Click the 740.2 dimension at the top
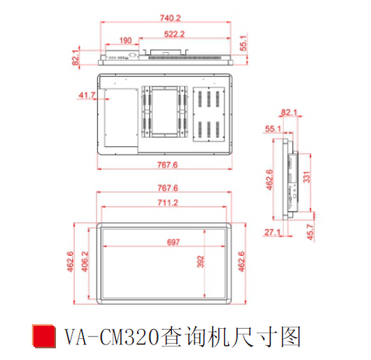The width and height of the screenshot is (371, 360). coord(170,18)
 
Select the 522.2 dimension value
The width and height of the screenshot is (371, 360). coord(174,34)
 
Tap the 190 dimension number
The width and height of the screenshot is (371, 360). coord(125,40)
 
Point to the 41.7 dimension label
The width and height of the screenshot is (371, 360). coord(87,96)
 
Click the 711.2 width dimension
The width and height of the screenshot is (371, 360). coord(168,202)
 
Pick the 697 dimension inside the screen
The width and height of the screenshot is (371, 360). coord(173,242)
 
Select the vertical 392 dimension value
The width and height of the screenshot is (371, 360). coord(201,261)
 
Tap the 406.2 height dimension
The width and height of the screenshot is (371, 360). coord(85,261)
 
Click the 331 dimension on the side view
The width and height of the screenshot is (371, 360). coord(306,177)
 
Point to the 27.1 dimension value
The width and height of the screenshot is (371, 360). coord(272,232)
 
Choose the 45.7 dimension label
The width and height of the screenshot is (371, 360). coord(310,232)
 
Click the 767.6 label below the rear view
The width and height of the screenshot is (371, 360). coord(167,165)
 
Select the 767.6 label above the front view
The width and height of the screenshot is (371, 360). coord(168,188)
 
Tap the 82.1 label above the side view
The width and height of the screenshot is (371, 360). coord(289,113)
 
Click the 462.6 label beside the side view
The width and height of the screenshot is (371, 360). coord(269,180)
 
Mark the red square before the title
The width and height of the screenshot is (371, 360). coord(44,336)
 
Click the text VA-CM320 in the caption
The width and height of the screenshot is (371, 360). coord(111,337)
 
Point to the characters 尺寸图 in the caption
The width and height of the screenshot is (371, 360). coord(266,337)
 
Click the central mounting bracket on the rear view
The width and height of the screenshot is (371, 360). coord(165,112)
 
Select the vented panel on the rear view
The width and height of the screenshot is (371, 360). coord(208,114)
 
